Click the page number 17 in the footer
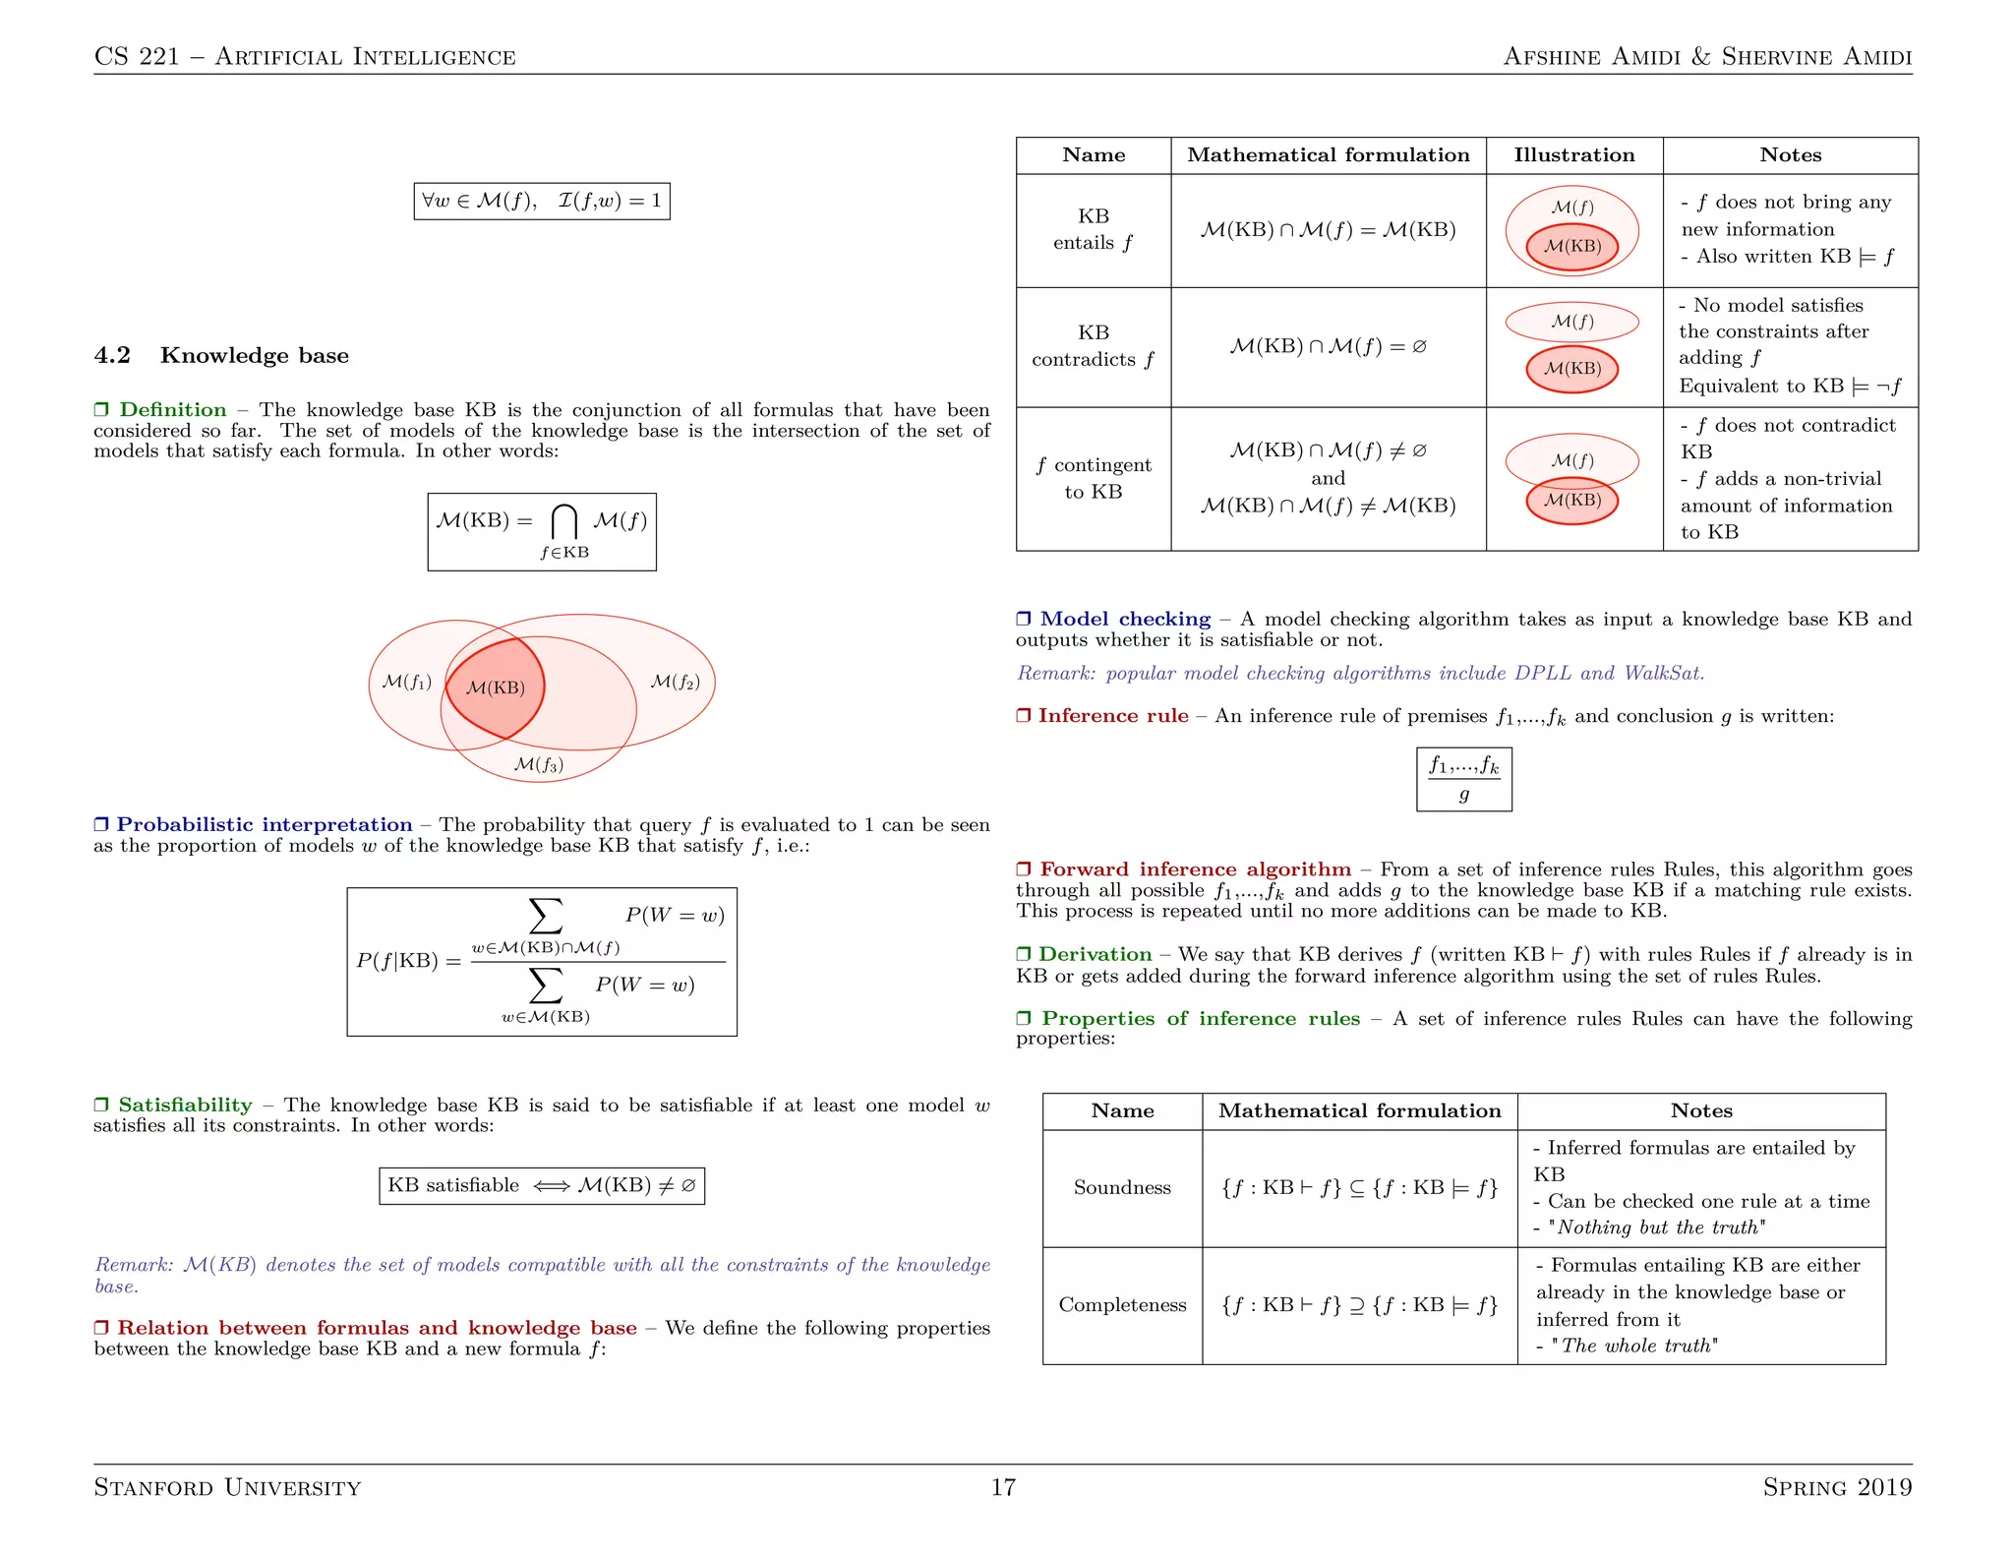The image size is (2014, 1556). (1003, 1487)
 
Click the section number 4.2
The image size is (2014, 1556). (112, 356)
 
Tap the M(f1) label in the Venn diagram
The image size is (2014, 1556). (406, 682)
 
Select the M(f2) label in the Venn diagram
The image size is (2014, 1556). (676, 682)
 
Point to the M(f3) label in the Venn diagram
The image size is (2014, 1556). (539, 764)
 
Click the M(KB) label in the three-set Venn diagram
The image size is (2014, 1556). (495, 688)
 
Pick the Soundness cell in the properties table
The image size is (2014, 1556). (1122, 1188)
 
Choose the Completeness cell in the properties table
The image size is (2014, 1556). (1122, 1305)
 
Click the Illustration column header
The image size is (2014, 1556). (1573, 155)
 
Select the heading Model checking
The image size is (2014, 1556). (1125, 620)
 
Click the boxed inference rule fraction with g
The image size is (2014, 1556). (1463, 779)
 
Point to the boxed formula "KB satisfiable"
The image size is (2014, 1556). (542, 1185)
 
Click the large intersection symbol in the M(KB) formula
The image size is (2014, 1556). (563, 521)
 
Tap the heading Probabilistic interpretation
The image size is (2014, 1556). (265, 825)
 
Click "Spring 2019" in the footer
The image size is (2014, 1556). (1837, 1487)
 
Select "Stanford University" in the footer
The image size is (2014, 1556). (227, 1487)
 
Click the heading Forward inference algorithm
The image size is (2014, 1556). (1195, 869)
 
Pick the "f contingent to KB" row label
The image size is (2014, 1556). (1093, 479)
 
